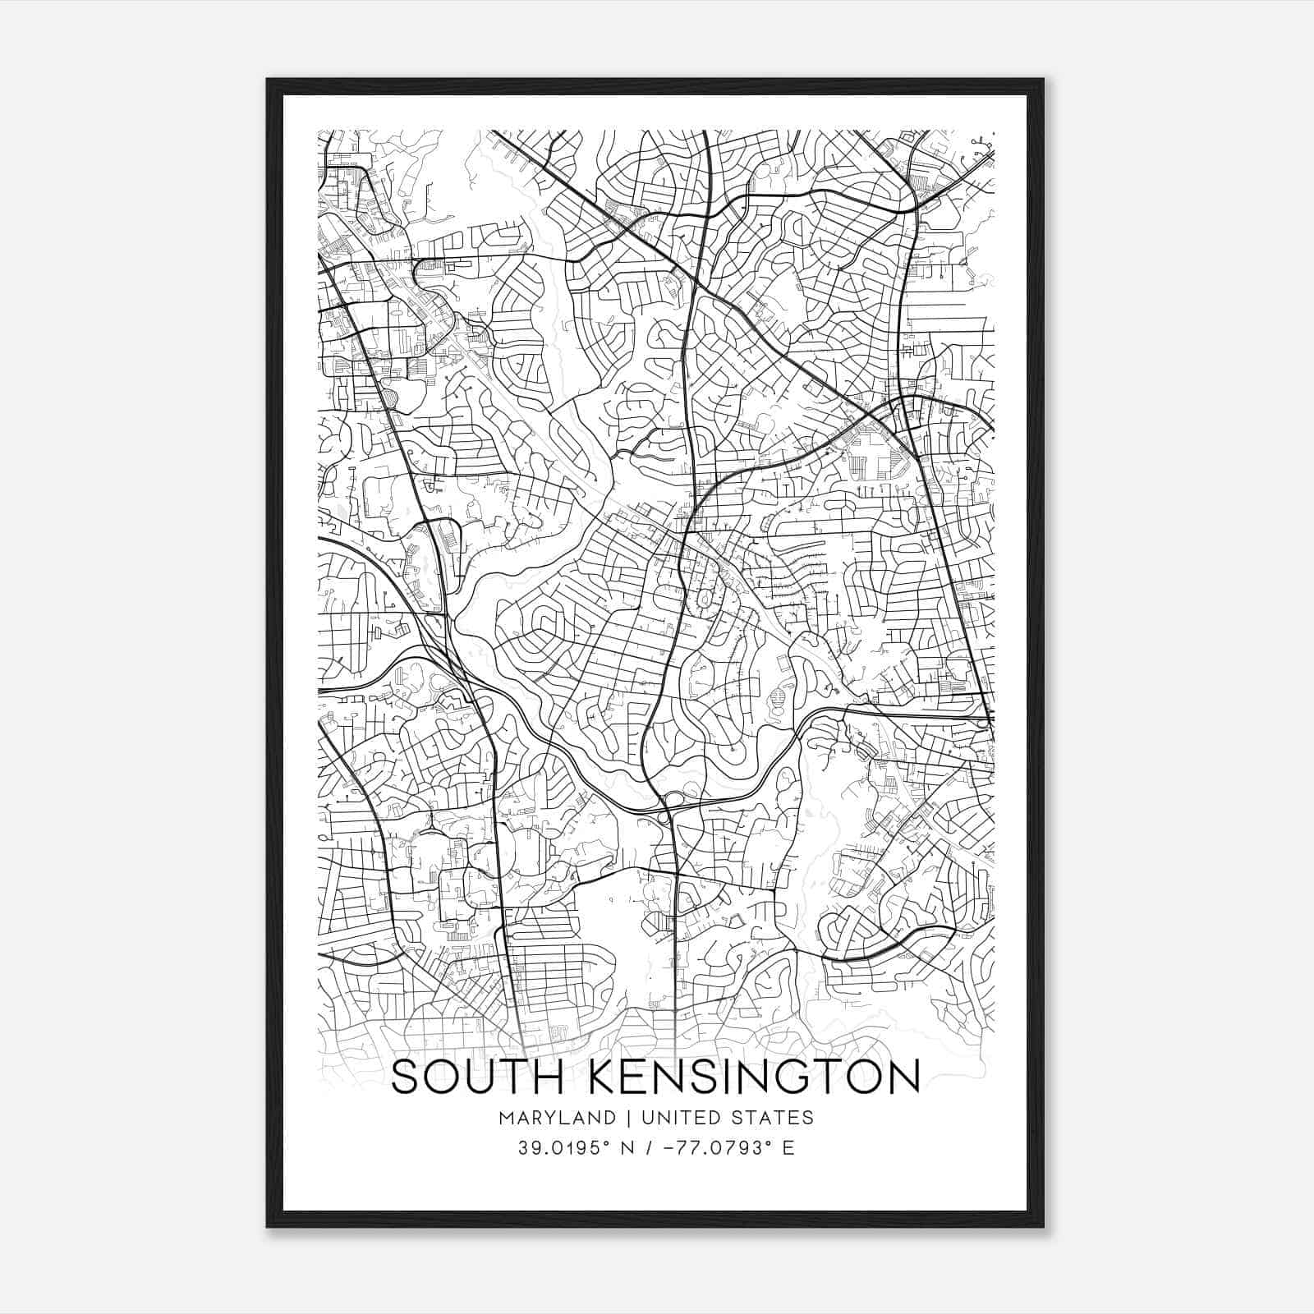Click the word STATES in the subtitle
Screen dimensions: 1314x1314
[772, 1118]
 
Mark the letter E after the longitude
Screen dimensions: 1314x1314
[788, 1148]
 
